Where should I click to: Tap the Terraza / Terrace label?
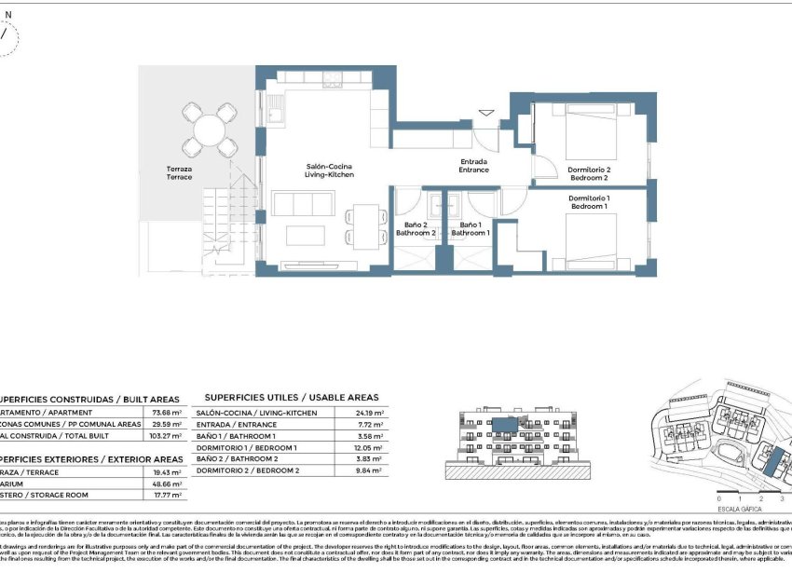(x=179, y=173)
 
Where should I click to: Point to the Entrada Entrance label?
(x=473, y=166)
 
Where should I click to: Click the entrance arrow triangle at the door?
(x=485, y=115)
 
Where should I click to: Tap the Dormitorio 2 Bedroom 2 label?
(x=588, y=173)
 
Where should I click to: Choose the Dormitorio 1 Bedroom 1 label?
(x=588, y=202)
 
